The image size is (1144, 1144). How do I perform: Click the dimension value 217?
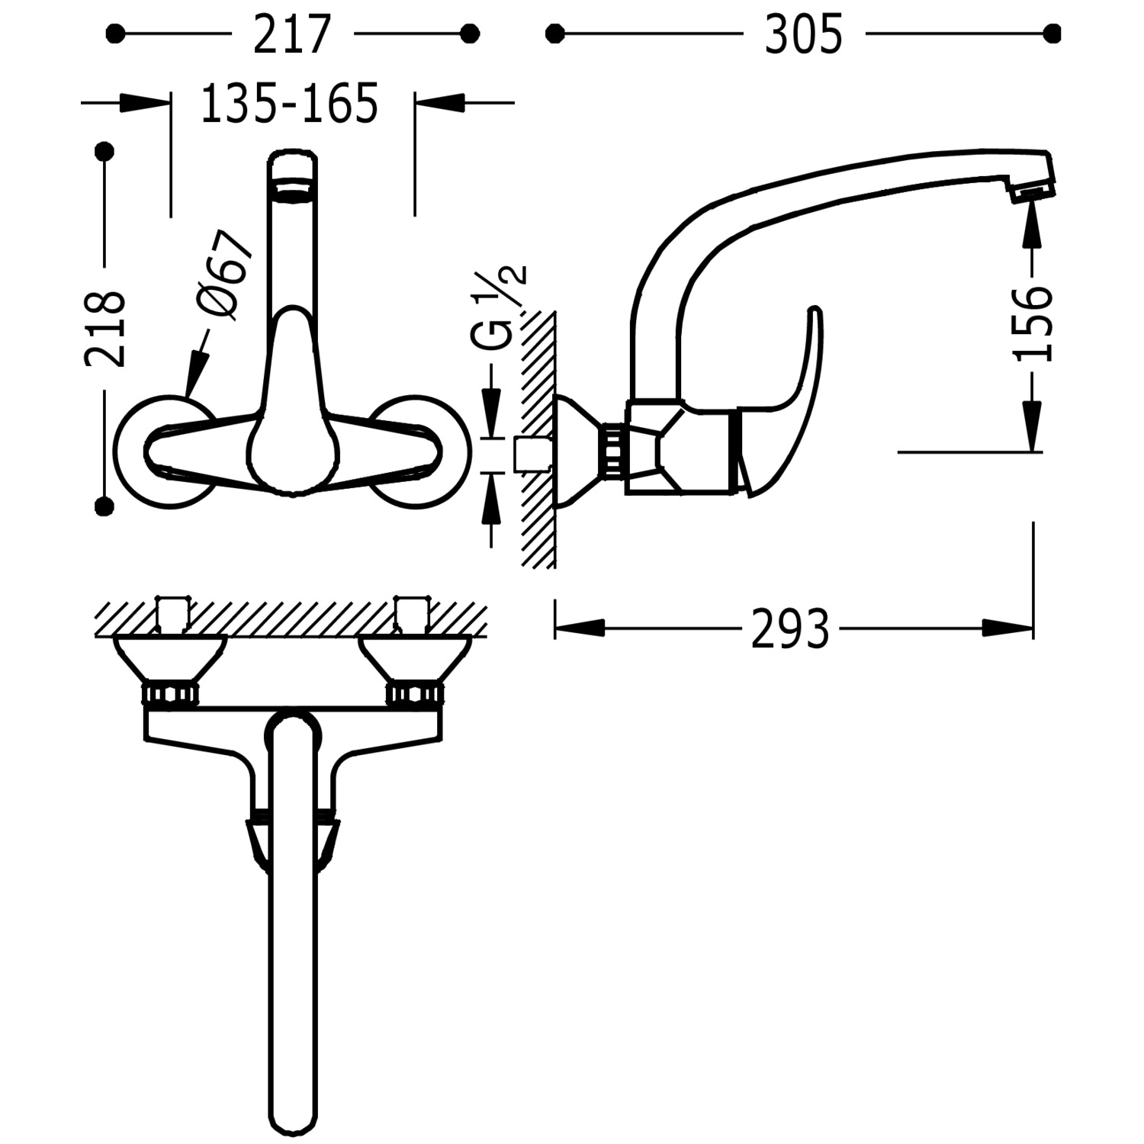click(x=293, y=34)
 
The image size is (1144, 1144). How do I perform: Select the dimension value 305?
click(x=804, y=34)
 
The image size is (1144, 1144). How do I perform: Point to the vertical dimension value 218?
click(x=105, y=329)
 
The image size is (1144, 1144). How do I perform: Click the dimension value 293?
click(x=790, y=629)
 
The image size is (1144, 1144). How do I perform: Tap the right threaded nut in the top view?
click(x=414, y=694)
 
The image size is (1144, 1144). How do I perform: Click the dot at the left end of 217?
click(x=115, y=34)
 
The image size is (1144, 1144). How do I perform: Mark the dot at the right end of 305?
click(x=1052, y=34)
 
